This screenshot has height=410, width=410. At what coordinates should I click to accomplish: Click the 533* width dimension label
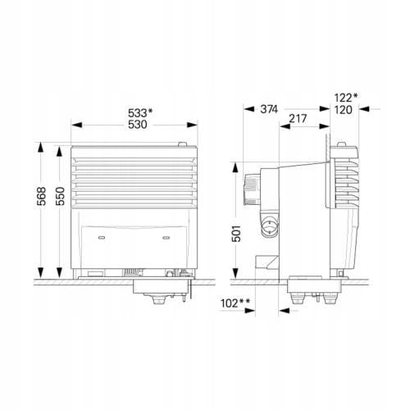click(140, 113)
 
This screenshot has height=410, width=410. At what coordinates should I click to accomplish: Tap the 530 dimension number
click(138, 125)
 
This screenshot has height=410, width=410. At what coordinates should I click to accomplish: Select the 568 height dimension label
click(41, 196)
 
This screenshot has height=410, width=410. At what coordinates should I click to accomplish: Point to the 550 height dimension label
click(60, 196)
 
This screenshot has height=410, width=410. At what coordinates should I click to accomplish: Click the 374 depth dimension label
click(269, 109)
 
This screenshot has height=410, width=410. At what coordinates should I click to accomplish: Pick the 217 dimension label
click(298, 119)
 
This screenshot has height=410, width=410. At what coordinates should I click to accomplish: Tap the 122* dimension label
click(346, 98)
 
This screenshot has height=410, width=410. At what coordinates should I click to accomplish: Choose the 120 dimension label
click(344, 110)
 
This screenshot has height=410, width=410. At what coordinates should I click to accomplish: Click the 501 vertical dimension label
click(236, 233)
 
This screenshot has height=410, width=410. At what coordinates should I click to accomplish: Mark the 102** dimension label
click(235, 303)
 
